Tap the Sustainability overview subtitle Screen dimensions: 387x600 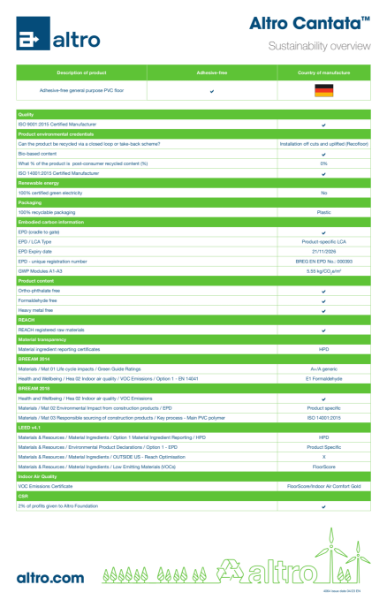[x=319, y=46]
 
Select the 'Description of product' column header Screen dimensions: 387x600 [x=81, y=73]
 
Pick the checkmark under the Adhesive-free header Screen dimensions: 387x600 [x=211, y=91]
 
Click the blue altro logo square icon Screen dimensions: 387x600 [x=31, y=38]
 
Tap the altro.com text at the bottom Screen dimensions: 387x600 [x=50, y=577]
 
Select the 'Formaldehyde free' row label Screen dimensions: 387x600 [x=38, y=300]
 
